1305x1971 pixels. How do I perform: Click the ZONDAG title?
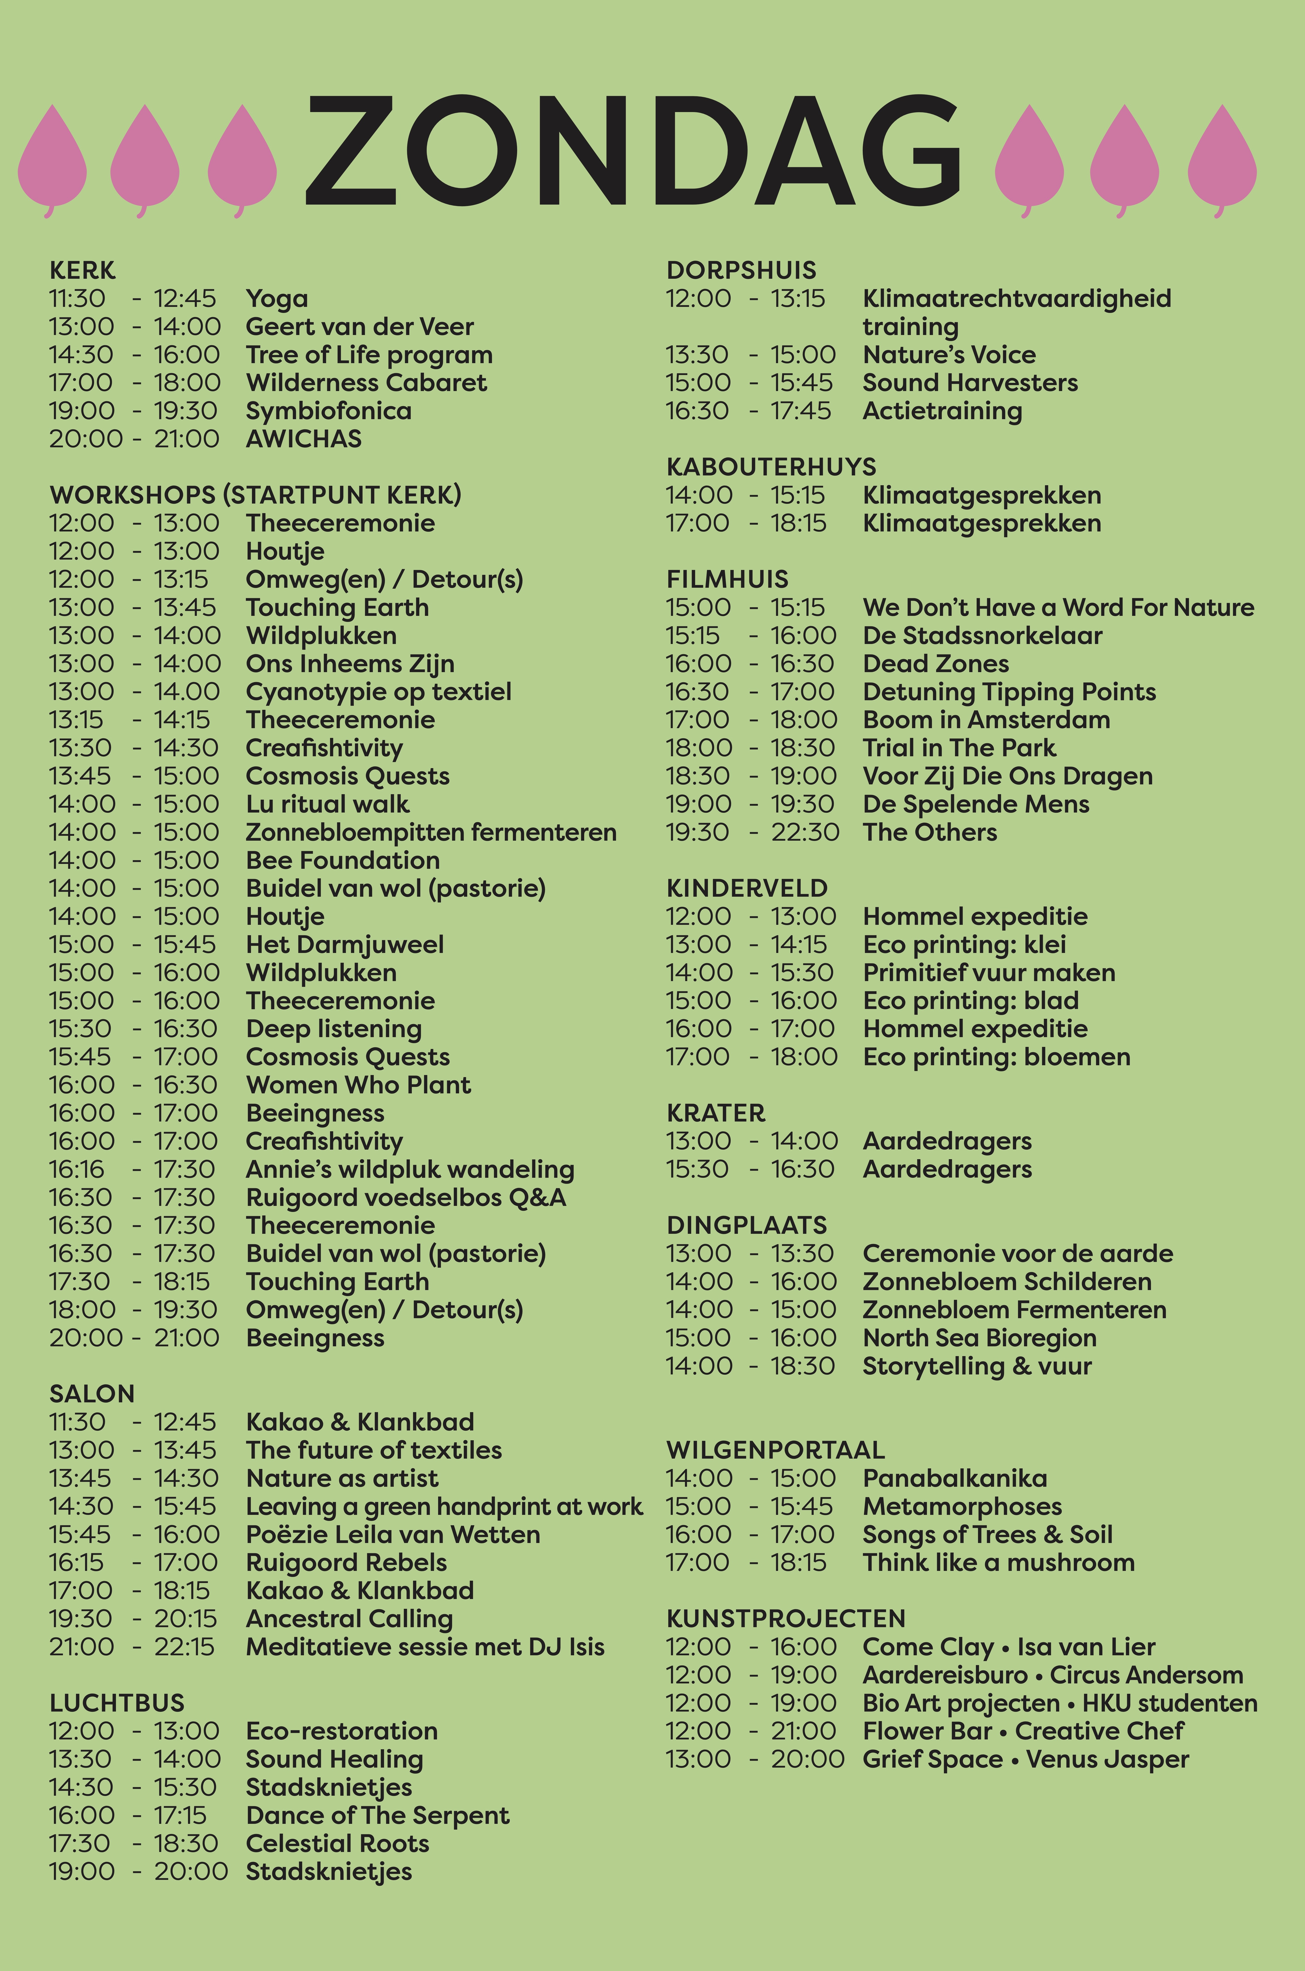coord(633,150)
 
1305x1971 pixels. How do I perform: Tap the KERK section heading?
coord(83,271)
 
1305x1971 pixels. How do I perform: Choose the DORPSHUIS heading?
coord(742,271)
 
